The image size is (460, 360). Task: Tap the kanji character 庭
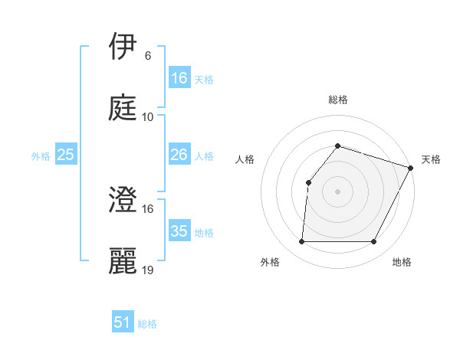pyautogui.click(x=123, y=107)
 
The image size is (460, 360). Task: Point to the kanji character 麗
pyautogui.click(x=123, y=260)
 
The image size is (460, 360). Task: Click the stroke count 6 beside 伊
pyautogui.click(x=147, y=56)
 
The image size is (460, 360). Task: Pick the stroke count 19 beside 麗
pyautogui.click(x=148, y=270)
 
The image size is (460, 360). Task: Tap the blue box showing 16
pyautogui.click(x=179, y=78)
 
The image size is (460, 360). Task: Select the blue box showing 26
pyautogui.click(x=179, y=155)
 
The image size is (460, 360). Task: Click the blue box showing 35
pyautogui.click(x=179, y=231)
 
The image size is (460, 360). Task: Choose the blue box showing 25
pyautogui.click(x=66, y=155)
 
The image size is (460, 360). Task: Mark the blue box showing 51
pyautogui.click(x=123, y=322)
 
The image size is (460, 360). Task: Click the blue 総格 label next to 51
pyautogui.click(x=147, y=324)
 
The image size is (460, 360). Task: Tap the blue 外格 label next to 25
pyautogui.click(x=41, y=156)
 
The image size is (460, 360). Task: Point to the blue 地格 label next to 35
pyautogui.click(x=204, y=233)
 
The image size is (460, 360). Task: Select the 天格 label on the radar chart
pyautogui.click(x=431, y=159)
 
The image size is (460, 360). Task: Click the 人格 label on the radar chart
pyautogui.click(x=245, y=159)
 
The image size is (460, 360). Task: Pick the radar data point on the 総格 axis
pyautogui.click(x=337, y=146)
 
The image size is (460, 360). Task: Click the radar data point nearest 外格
pyautogui.click(x=301, y=242)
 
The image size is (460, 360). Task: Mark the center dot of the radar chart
pyautogui.click(x=337, y=191)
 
